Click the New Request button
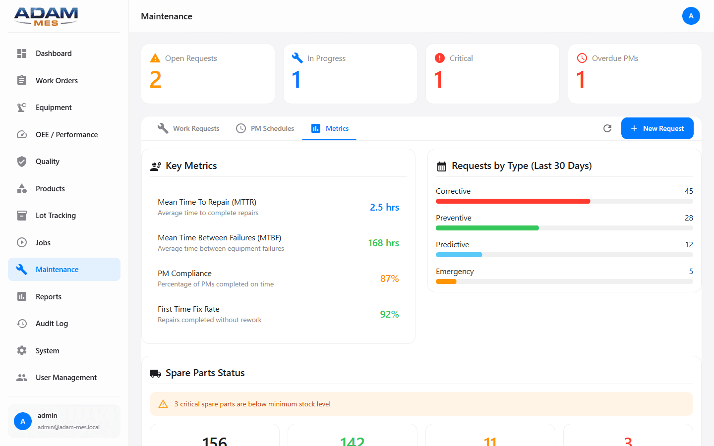click(x=657, y=128)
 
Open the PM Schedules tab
click(x=265, y=128)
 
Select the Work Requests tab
click(x=188, y=128)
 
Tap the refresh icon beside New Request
click(x=607, y=128)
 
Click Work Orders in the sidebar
click(x=57, y=81)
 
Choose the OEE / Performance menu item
click(x=66, y=135)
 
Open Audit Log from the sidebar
click(x=52, y=324)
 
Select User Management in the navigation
click(x=66, y=378)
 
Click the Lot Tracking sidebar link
click(x=56, y=216)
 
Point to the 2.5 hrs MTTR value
click(x=384, y=207)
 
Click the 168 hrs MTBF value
click(x=383, y=243)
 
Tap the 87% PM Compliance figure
click(x=389, y=279)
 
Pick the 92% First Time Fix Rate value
click(x=389, y=314)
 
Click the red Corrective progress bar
click(x=513, y=201)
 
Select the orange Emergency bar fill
click(x=446, y=281)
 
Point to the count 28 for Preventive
click(x=689, y=218)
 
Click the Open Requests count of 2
click(x=156, y=80)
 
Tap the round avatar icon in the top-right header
click(x=691, y=16)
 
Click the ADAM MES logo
click(x=46, y=16)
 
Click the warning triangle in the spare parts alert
click(x=163, y=404)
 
